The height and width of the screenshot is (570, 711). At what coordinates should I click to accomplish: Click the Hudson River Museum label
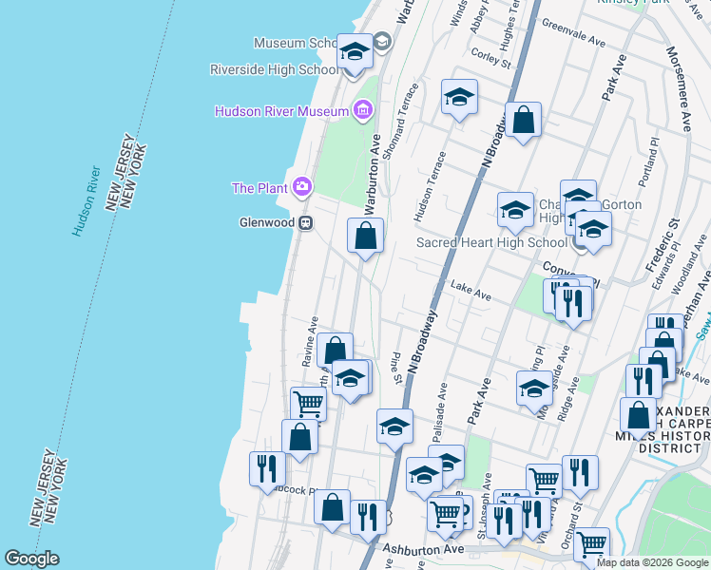(x=282, y=111)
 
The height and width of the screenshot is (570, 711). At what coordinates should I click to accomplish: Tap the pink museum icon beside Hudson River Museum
(x=361, y=111)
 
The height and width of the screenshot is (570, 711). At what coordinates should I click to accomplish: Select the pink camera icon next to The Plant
(x=302, y=186)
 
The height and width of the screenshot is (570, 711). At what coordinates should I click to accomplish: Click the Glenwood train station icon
(x=306, y=223)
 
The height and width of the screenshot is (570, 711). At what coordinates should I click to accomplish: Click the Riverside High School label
(x=275, y=69)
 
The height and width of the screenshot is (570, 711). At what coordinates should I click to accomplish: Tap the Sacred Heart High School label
(x=491, y=242)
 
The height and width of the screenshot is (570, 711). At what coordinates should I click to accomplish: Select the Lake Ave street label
(x=471, y=291)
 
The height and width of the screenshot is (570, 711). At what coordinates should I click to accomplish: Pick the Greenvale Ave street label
(x=573, y=36)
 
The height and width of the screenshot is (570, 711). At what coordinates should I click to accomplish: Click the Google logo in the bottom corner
(x=31, y=559)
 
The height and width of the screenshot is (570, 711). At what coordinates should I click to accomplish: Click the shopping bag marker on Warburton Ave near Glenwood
(x=365, y=234)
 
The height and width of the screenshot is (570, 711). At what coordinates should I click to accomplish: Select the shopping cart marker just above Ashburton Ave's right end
(x=591, y=543)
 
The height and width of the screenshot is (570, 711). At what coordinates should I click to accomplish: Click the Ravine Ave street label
(x=311, y=342)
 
